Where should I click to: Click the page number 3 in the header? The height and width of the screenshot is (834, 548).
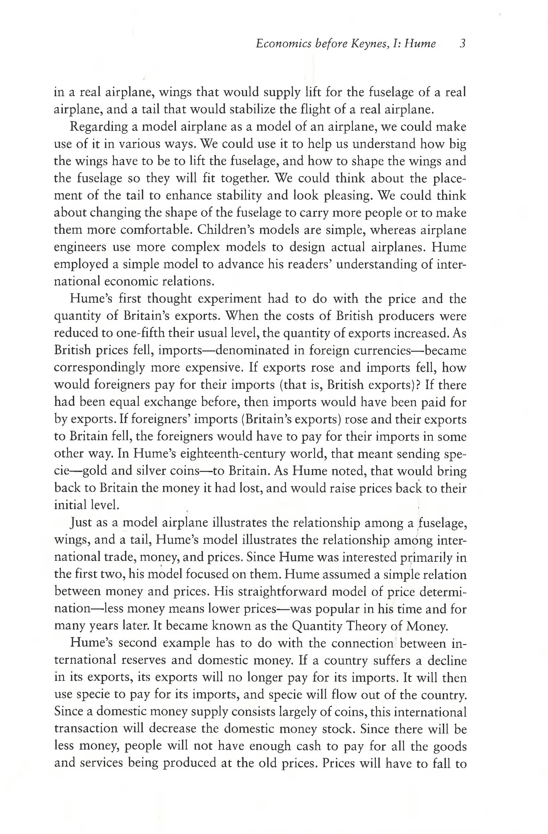[463, 44]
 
